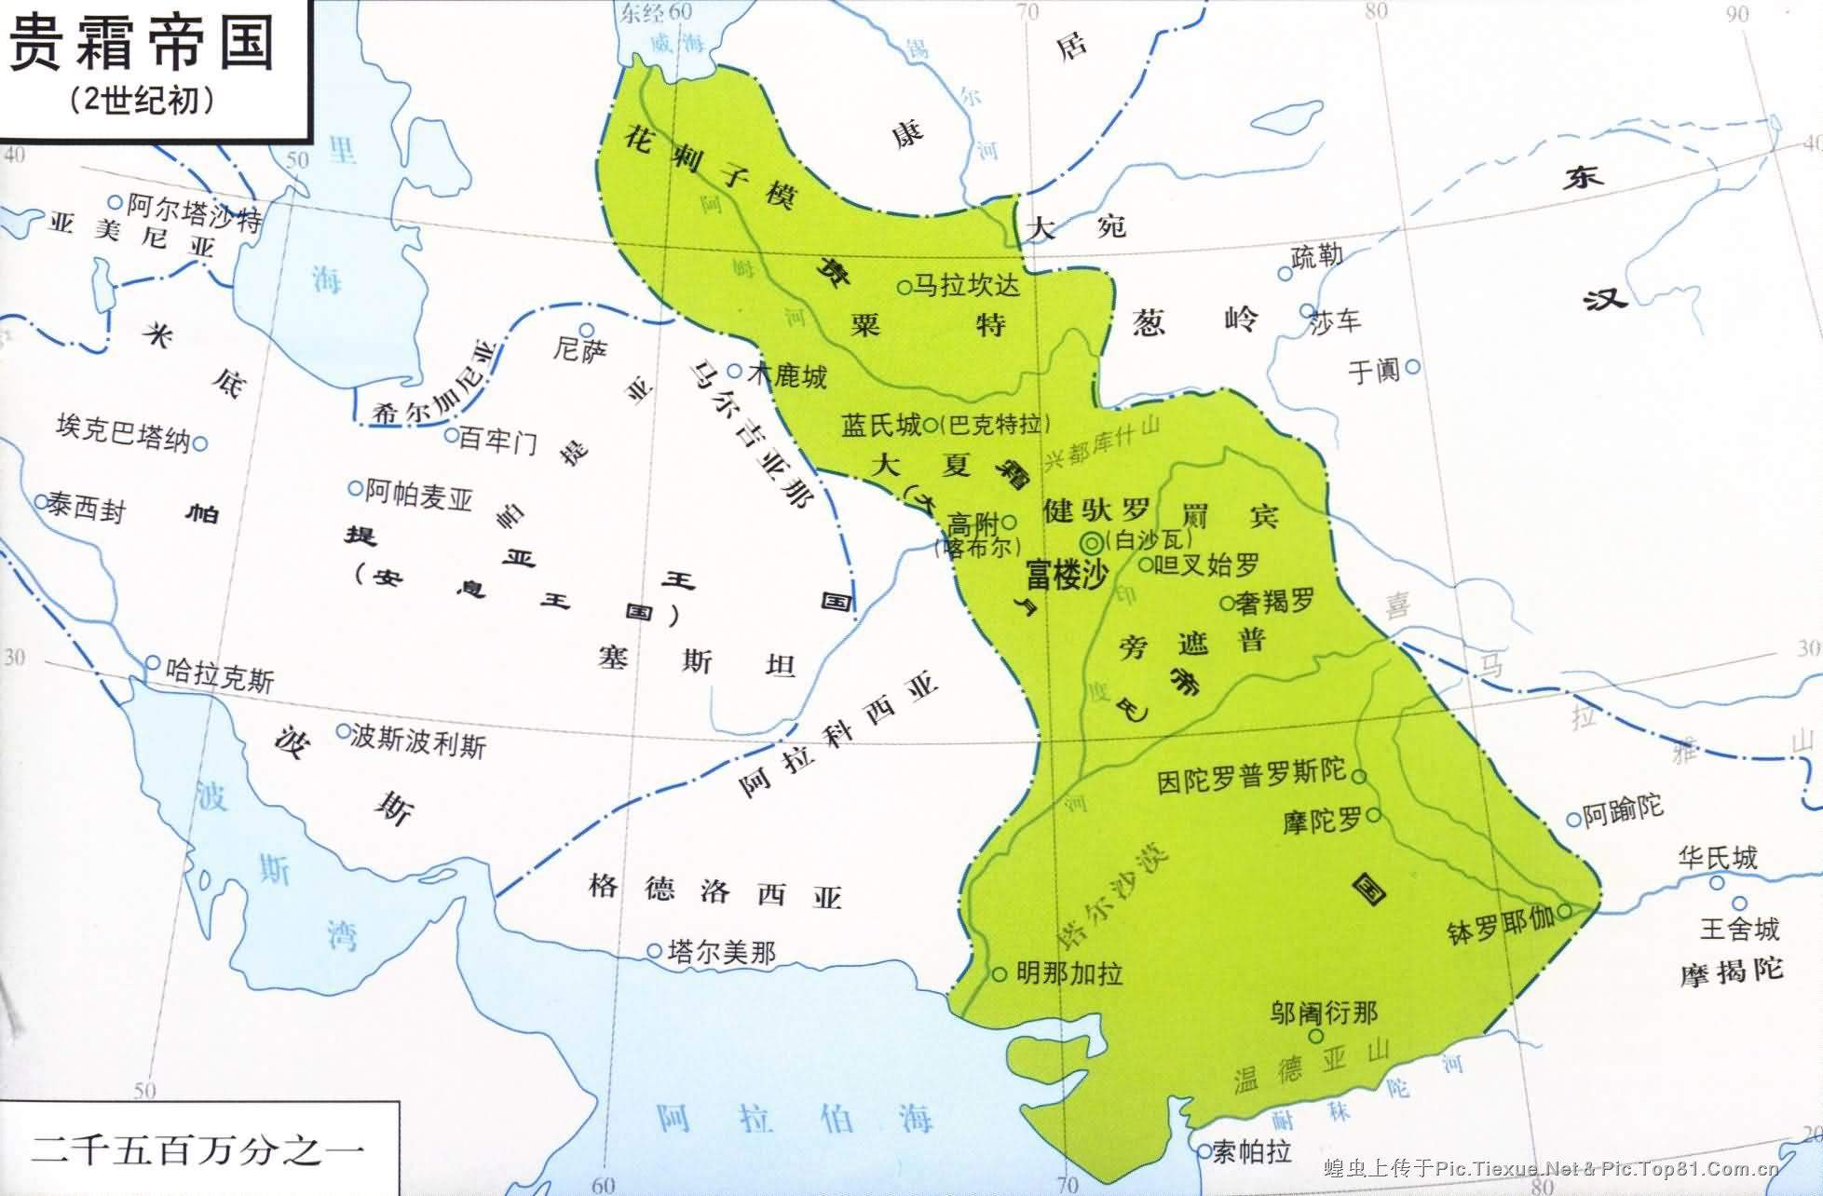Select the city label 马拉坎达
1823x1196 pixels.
click(x=966, y=286)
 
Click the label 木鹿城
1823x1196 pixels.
click(x=787, y=375)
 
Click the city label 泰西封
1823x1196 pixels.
click(x=87, y=508)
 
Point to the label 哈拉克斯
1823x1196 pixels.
click(x=220, y=675)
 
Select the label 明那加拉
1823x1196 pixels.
click(x=1068, y=974)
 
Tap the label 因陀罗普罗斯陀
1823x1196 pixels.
click(x=1250, y=776)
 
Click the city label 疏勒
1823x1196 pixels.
click(x=1316, y=255)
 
